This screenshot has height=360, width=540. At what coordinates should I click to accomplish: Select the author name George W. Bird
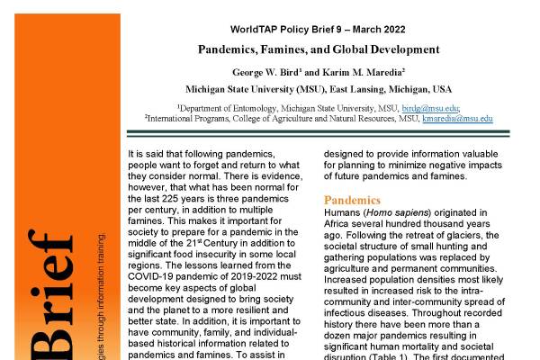(268, 70)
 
